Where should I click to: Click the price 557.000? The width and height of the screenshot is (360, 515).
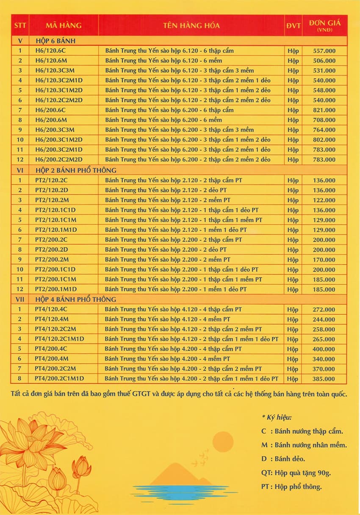[324, 51]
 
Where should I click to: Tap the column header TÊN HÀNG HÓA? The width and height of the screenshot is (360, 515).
[191, 25]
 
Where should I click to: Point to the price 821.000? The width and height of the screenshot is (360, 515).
[324, 110]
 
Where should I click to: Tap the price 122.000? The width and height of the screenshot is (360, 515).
[324, 200]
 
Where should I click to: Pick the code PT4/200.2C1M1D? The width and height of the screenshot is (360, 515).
[59, 379]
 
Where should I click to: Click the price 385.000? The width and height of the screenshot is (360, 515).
[324, 379]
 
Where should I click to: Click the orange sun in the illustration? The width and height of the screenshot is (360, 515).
[223, 442]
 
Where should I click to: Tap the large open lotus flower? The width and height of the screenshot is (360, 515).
[32, 442]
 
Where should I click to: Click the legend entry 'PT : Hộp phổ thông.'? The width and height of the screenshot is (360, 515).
[291, 487]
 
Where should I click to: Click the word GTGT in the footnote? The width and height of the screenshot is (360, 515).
[142, 394]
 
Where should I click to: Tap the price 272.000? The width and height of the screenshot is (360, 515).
[324, 310]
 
